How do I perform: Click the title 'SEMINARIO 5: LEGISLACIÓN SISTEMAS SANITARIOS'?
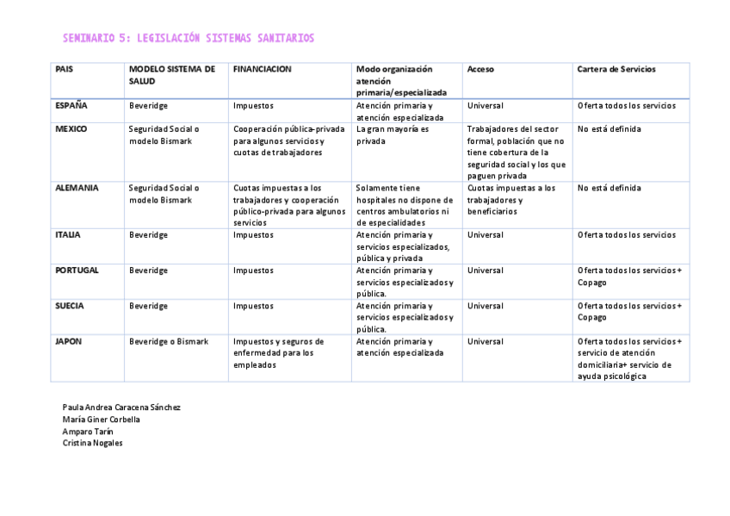189,38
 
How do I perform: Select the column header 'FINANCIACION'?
262,69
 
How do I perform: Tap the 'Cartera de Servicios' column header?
616,69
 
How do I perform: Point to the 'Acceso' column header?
480,69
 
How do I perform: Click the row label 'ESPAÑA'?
71,105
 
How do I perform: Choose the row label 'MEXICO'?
71,128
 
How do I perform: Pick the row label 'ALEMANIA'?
77,187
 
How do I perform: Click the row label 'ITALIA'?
67,234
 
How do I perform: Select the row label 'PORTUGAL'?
77,270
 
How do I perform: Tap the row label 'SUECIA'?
70,305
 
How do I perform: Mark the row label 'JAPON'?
69,341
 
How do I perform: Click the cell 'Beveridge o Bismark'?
169,341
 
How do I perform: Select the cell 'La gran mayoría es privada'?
392,134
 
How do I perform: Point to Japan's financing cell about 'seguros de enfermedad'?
278,352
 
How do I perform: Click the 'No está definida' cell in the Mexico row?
609,129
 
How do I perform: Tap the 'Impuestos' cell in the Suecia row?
253,306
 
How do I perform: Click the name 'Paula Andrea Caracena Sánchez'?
121,407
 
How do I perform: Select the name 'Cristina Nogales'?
93,443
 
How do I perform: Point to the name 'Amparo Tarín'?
88,431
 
